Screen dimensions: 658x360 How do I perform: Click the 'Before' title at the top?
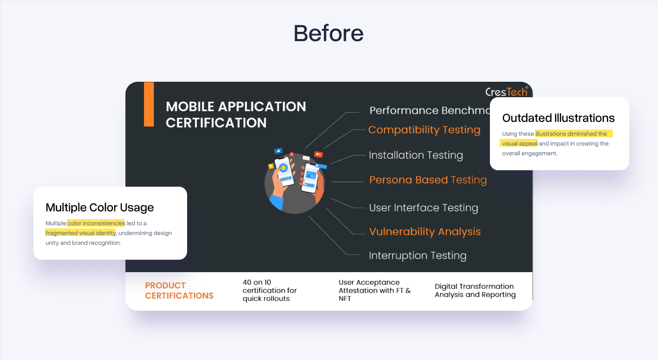click(x=328, y=33)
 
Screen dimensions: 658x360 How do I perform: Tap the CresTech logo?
click(x=507, y=92)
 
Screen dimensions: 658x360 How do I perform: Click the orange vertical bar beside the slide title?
click(x=149, y=104)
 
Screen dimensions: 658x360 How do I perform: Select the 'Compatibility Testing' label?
click(x=424, y=130)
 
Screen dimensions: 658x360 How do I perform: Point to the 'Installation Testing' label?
click(x=416, y=155)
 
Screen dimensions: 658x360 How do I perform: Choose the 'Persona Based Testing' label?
click(x=428, y=179)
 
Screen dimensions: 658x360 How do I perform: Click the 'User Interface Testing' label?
click(x=424, y=207)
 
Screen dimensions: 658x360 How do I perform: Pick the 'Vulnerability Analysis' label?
click(x=425, y=231)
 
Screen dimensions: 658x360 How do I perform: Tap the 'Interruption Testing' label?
click(x=418, y=256)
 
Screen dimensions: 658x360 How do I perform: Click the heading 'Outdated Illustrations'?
click(x=558, y=118)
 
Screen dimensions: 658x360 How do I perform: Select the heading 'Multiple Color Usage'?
click(x=100, y=207)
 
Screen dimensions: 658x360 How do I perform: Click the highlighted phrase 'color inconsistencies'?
click(x=96, y=223)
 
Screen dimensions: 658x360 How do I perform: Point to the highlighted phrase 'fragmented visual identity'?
click(x=81, y=233)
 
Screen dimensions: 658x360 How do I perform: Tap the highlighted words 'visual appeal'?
click(x=519, y=143)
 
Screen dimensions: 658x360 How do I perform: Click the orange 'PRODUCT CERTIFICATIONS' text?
click(x=179, y=291)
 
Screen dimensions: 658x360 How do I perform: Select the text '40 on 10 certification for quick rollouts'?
click(x=270, y=291)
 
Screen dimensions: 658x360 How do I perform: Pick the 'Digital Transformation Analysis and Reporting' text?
click(x=475, y=291)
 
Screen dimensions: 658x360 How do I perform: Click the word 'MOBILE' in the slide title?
click(x=190, y=106)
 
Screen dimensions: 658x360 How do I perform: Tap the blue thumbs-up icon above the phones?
click(x=278, y=151)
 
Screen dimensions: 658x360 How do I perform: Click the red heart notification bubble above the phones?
click(x=318, y=154)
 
